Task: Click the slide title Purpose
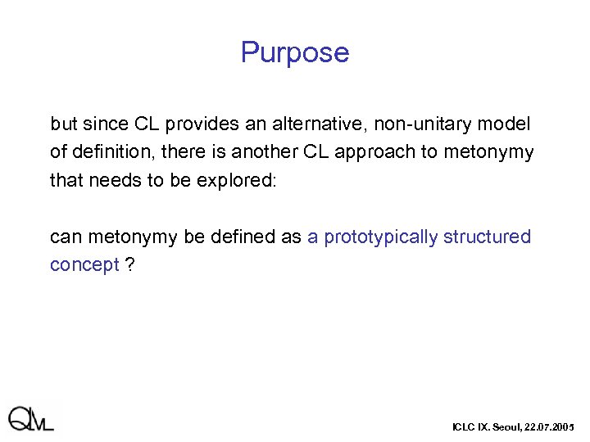tap(295, 53)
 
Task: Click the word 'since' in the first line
tap(104, 124)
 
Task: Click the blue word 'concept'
tap(84, 265)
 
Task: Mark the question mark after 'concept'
tap(129, 265)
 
